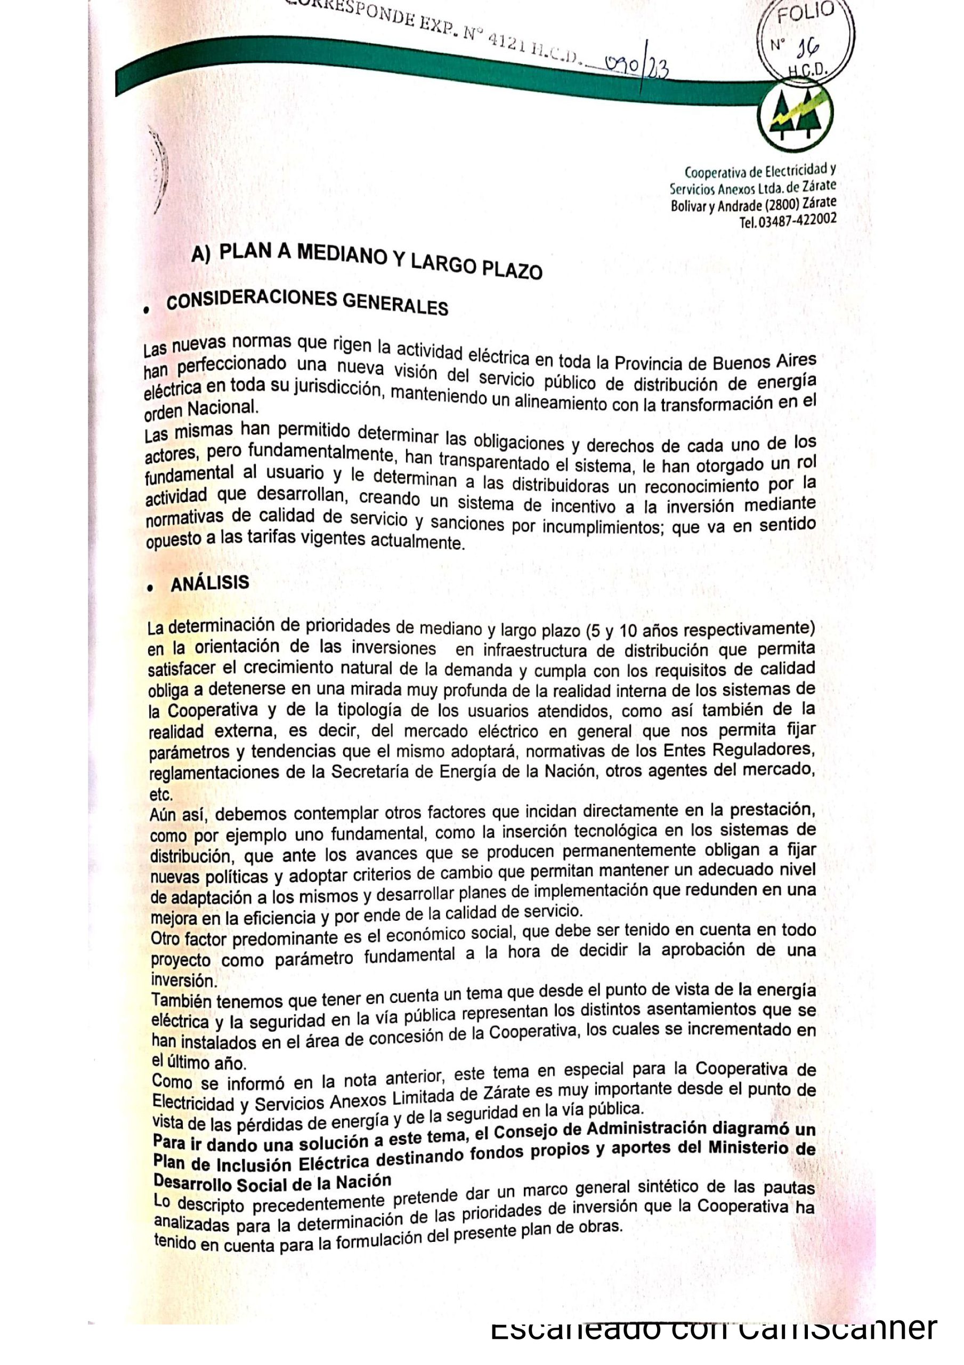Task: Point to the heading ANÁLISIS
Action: (x=210, y=583)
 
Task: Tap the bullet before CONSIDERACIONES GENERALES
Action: (x=147, y=310)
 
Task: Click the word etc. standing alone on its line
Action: (x=160, y=795)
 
